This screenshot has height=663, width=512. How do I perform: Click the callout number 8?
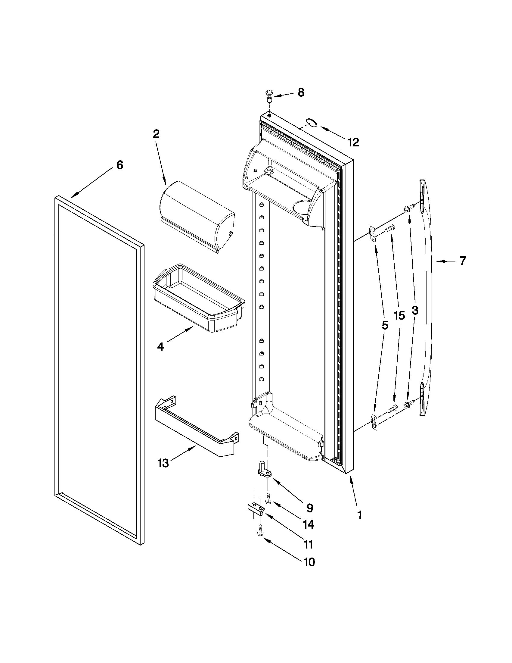[301, 92]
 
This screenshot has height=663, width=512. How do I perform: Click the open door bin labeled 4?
[199, 298]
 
